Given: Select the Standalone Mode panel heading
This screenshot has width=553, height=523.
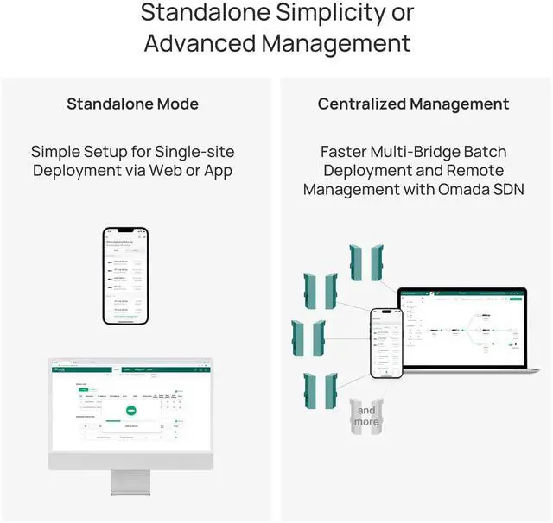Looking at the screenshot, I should (132, 104).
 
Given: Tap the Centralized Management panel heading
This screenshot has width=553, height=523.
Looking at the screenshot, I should (413, 104).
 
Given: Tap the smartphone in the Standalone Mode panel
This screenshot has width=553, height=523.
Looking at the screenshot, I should (126, 275).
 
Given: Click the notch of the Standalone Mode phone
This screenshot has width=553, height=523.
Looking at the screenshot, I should (126, 232).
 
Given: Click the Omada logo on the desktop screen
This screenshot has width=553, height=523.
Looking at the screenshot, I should (61, 370).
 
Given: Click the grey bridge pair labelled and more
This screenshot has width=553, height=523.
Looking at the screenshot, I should (366, 416).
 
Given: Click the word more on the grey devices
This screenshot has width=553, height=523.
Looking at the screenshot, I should (366, 422).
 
